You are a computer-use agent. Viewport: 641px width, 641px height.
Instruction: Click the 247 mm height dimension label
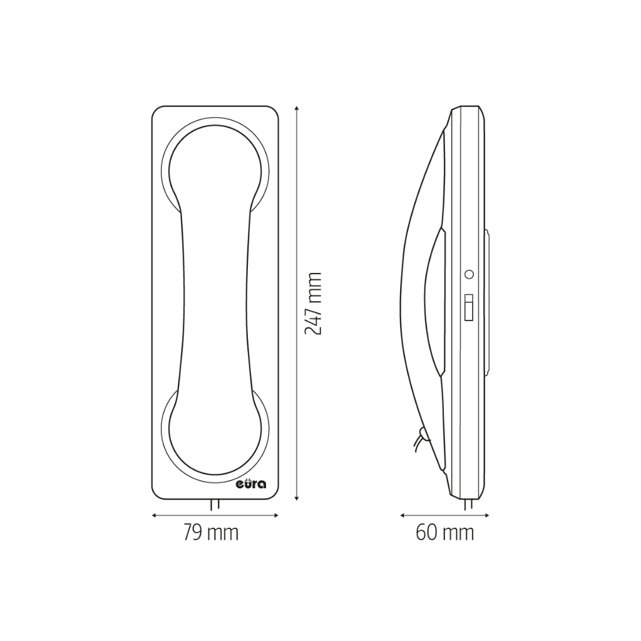[313, 303]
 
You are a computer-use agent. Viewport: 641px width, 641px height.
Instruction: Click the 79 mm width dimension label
[211, 533]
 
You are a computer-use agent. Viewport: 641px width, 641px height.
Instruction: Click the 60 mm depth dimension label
[444, 533]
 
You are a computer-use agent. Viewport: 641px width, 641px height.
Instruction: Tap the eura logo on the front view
[251, 484]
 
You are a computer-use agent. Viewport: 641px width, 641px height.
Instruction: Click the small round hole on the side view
[469, 274]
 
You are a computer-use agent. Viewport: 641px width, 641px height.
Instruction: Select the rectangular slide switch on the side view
[468, 307]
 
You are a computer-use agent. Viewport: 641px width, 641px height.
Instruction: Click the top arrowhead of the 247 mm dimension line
[297, 109]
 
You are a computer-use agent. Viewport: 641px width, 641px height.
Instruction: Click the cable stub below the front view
[215, 505]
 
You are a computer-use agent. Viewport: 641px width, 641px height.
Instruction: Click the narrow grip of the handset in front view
[215, 300]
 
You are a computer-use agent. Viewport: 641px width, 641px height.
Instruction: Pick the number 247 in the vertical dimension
[313, 320]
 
